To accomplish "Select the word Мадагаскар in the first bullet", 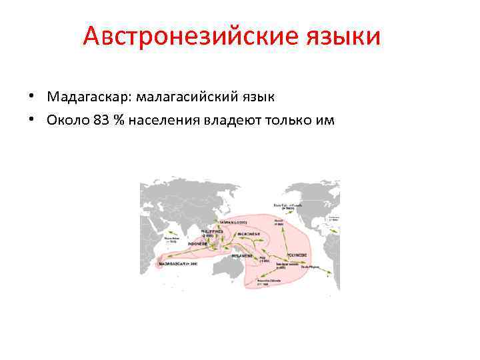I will coord(89,97).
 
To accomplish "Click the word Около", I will coord(69,120).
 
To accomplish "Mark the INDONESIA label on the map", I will coord(198,244).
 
